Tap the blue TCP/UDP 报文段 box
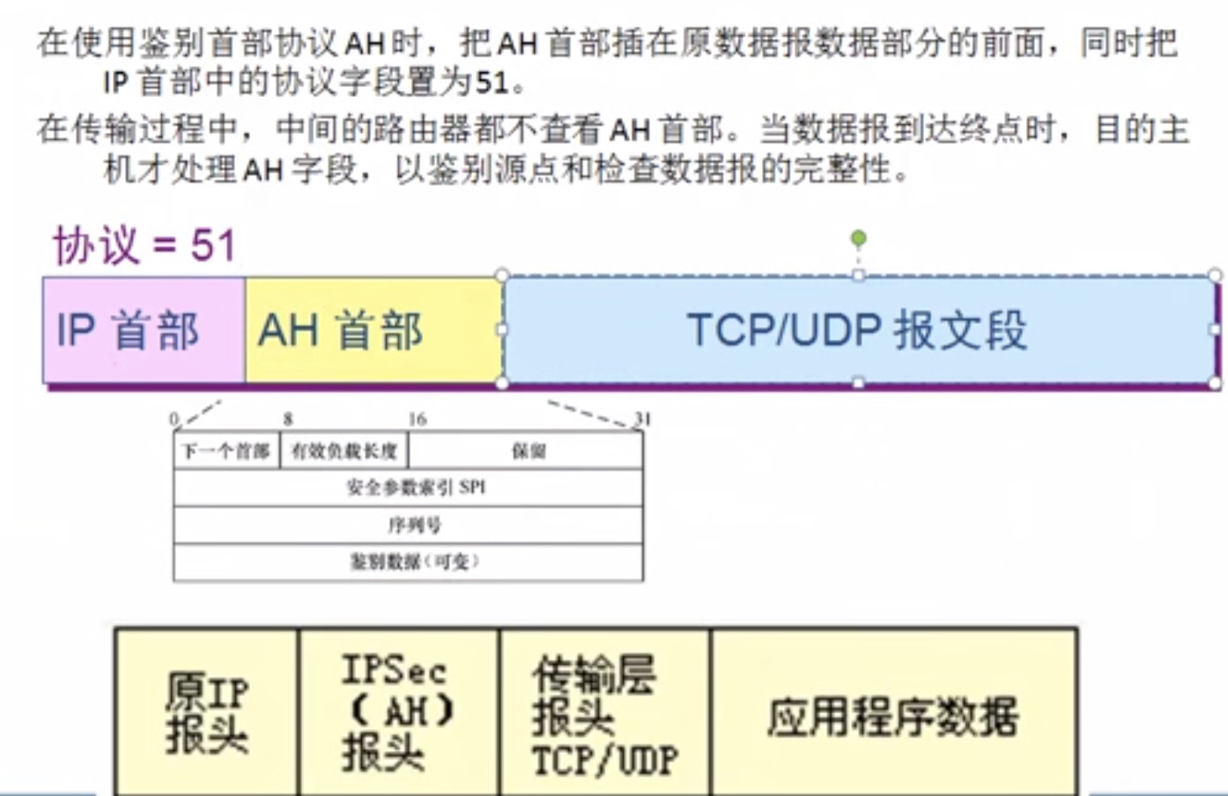coord(857,330)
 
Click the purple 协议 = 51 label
coord(144,245)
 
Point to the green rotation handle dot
coord(859,238)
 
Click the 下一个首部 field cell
coord(226,452)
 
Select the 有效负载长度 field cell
coord(344,452)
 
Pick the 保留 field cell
coord(527,452)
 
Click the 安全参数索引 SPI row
coord(409,488)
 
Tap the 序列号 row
coord(409,526)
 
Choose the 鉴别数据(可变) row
coord(409,562)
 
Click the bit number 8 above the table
coord(288,419)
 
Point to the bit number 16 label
coord(417,419)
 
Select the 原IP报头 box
coord(207,711)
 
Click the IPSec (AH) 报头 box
coord(398,711)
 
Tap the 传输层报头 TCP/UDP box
coord(604,711)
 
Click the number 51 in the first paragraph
coord(492,83)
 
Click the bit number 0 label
coord(174,419)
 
